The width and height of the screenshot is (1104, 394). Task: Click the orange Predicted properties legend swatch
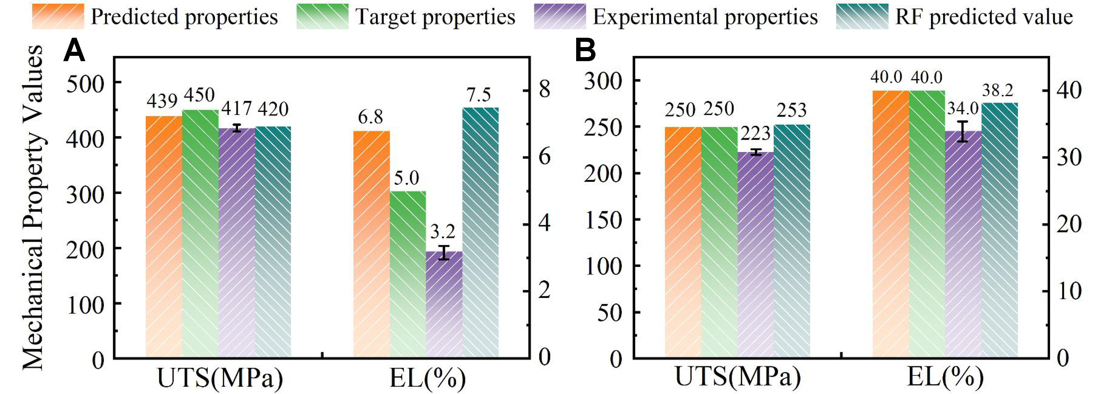[58, 16]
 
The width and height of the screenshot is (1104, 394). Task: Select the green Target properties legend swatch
[322, 16]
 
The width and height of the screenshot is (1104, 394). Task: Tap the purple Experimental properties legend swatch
[560, 16]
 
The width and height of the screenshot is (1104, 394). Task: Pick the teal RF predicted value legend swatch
[862, 16]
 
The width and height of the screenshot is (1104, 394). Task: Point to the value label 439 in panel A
[162, 102]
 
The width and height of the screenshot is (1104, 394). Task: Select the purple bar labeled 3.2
[444, 305]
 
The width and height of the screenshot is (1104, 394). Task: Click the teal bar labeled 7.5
[480, 232]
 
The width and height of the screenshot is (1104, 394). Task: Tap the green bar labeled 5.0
[408, 275]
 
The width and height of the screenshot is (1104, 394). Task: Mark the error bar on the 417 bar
[237, 128]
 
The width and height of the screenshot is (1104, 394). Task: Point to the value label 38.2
[997, 90]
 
